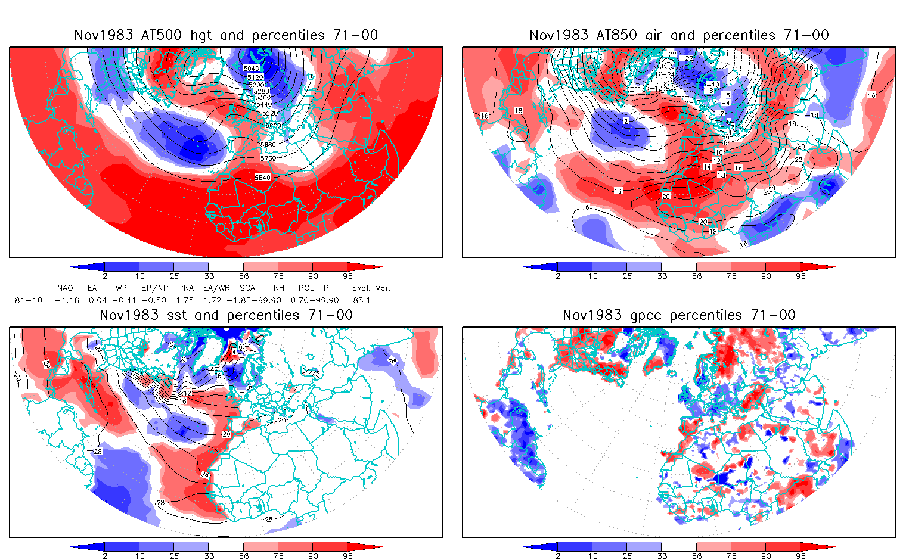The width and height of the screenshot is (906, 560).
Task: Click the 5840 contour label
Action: (x=262, y=178)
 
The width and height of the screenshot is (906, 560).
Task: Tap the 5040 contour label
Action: (x=252, y=69)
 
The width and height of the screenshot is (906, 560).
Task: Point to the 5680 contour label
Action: (x=268, y=145)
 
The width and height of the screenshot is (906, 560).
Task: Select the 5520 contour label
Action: (x=269, y=113)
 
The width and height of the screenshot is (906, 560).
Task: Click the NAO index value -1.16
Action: (x=67, y=300)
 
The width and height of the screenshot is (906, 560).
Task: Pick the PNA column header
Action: (x=185, y=288)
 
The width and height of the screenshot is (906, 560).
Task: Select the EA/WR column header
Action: (x=216, y=288)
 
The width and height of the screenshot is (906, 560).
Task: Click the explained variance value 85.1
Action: (x=362, y=300)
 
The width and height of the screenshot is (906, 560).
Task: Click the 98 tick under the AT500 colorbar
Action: (x=347, y=276)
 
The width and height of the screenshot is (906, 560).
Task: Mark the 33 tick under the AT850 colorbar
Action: (x=662, y=276)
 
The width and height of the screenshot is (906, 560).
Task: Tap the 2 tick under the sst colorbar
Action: (x=105, y=556)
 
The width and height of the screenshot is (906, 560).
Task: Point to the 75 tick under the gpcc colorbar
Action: (x=731, y=556)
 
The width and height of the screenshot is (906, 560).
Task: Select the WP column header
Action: (x=121, y=288)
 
